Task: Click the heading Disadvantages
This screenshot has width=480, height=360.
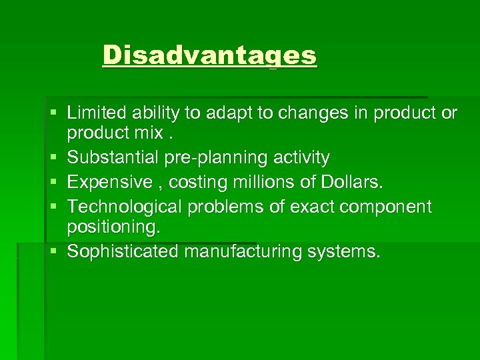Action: coord(210,55)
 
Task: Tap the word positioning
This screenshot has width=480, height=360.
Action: coord(113,227)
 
